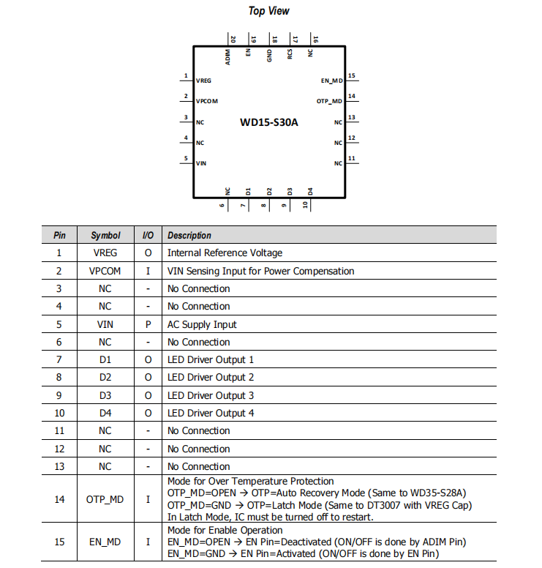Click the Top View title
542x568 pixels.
coord(268,10)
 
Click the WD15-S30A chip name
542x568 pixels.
coord(268,122)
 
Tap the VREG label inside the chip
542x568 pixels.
coord(203,81)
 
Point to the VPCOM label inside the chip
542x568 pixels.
coord(206,101)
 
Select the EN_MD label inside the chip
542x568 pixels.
coord(331,80)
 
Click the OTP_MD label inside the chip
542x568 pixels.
coord(329,101)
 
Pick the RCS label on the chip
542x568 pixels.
coord(290,56)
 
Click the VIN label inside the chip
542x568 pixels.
coord(201,162)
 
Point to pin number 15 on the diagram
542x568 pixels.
coord(352,75)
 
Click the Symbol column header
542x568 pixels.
coord(105,236)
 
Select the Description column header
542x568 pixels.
coord(189,236)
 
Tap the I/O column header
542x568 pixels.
coord(148,236)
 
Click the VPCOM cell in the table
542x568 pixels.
coord(105,271)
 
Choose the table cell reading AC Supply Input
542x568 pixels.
coord(202,324)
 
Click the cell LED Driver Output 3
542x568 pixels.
coord(211,395)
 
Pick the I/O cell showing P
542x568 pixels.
coord(148,324)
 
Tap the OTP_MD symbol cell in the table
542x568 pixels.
coord(105,499)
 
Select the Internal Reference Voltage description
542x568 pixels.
coord(225,253)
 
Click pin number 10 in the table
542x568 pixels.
coord(60,413)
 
